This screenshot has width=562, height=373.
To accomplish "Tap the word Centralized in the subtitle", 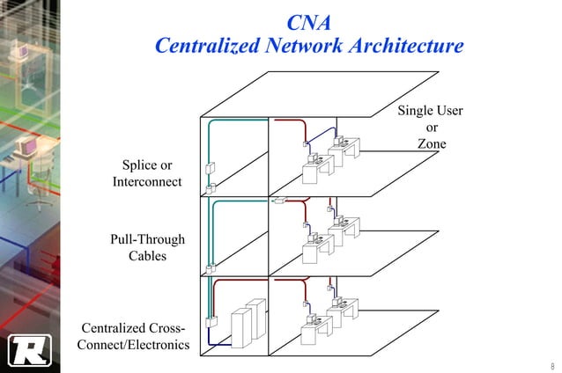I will [x=205, y=46].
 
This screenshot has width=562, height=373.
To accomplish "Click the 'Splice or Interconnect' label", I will [x=146, y=174].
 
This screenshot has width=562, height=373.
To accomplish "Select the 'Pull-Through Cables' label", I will [x=147, y=248].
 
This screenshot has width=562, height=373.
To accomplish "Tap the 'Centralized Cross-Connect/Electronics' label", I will [x=133, y=336].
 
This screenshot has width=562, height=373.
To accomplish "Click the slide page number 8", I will [x=551, y=365].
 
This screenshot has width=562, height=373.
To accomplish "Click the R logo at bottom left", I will [x=27, y=350].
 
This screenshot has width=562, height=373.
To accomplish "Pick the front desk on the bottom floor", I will [x=314, y=330].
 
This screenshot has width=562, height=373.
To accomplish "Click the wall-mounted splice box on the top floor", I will [x=211, y=169].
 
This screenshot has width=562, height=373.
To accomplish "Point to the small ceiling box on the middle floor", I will [x=278, y=201].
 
